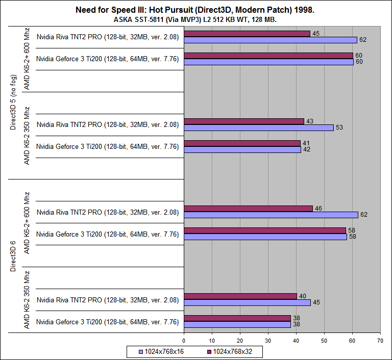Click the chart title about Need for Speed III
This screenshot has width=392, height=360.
[196, 10]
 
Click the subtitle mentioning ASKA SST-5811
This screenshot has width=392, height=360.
[196, 19]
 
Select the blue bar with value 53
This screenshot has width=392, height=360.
[258, 127]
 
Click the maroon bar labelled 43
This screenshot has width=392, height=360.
[244, 121]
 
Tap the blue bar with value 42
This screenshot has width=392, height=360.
[242, 149]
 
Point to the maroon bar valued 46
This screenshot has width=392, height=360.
[248, 209]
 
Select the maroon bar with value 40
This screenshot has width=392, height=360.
[240, 296]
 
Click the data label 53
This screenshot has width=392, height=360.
[339, 127]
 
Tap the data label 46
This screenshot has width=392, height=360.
[318, 208]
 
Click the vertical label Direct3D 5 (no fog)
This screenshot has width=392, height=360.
[14, 102]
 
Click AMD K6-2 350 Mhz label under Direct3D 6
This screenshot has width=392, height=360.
[28, 300]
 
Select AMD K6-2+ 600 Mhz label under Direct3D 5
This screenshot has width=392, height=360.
[28, 59]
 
